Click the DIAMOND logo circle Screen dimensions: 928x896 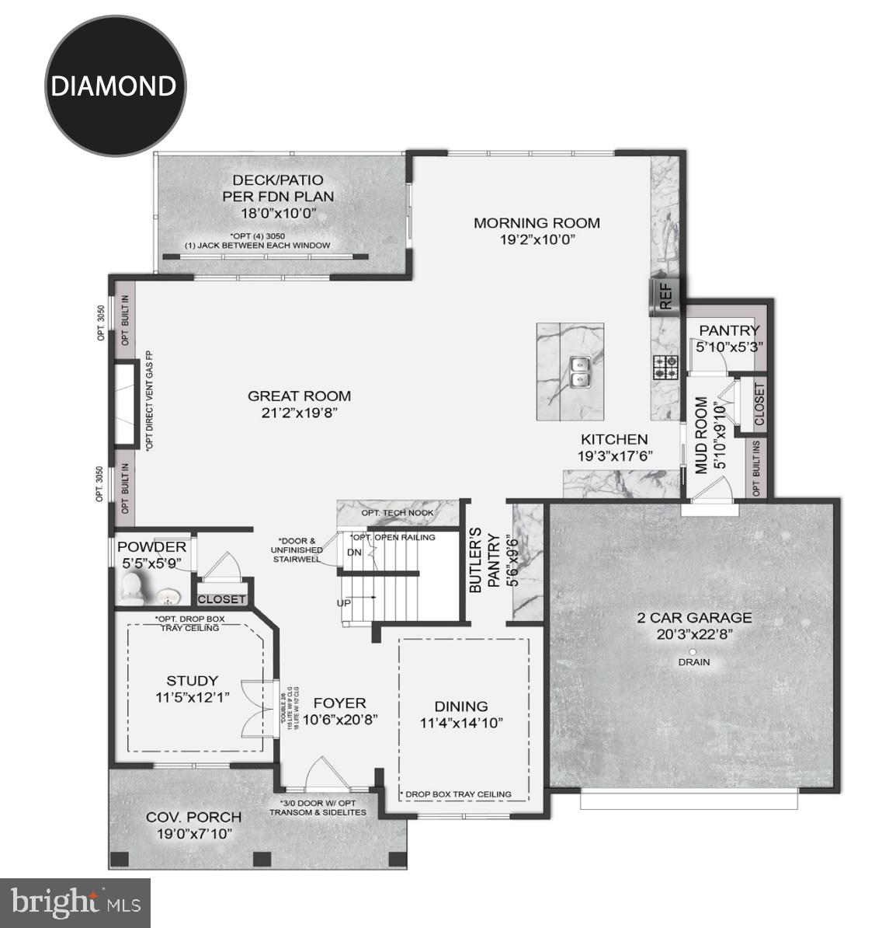point(115,85)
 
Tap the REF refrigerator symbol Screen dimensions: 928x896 point(665,297)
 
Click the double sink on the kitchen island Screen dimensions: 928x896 point(580,372)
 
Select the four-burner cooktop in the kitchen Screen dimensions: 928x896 point(665,366)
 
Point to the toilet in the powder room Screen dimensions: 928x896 point(133,589)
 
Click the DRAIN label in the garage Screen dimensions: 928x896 point(693,662)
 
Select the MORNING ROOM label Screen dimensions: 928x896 point(537,223)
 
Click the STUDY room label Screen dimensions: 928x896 point(192,681)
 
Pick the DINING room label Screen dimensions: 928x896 point(461,706)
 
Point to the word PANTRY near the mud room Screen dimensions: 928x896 point(728,330)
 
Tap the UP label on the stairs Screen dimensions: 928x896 point(344,602)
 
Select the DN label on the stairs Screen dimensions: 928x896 point(354,553)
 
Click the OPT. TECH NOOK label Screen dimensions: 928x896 point(398,513)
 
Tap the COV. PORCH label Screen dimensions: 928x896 point(193,817)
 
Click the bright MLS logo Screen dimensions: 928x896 point(75,902)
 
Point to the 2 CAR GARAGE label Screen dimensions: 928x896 point(693,618)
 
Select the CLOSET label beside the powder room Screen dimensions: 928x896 point(222,599)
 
